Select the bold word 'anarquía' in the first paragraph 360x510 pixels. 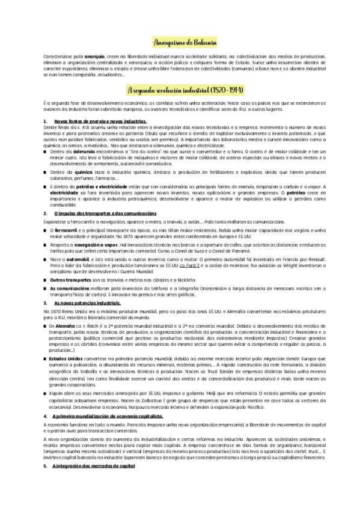84,55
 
